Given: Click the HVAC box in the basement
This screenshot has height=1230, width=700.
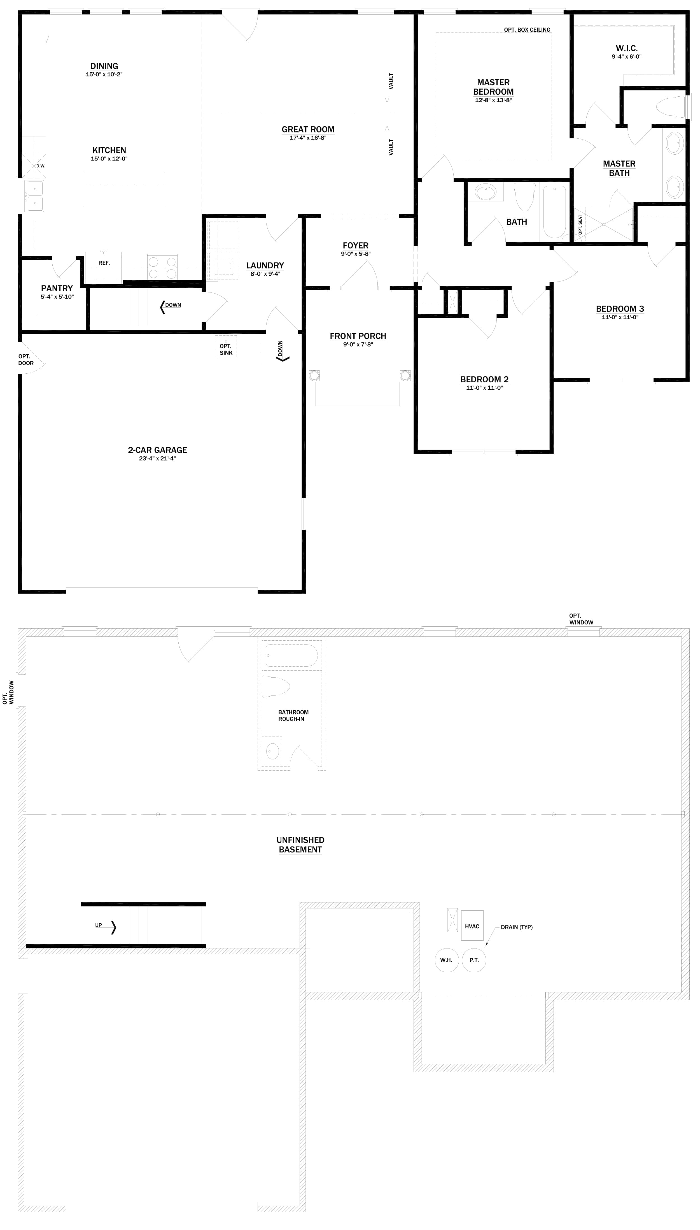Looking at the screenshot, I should [x=472, y=926].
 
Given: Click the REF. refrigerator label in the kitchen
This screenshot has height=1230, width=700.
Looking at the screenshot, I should [x=104, y=263].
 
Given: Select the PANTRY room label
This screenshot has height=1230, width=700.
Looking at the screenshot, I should [x=57, y=289].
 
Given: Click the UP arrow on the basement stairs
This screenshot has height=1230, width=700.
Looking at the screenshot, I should [x=113, y=927].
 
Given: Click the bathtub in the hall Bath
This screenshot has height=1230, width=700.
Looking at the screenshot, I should [x=554, y=211].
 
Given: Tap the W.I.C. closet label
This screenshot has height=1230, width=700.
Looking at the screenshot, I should [x=626, y=48].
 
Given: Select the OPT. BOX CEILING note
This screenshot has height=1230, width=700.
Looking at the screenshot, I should [x=527, y=30].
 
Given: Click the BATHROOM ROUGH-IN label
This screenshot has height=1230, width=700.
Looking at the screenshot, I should [x=293, y=715].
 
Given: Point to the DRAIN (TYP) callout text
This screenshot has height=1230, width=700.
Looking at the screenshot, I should [x=516, y=927].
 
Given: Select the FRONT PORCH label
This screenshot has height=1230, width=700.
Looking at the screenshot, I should [x=358, y=336].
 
